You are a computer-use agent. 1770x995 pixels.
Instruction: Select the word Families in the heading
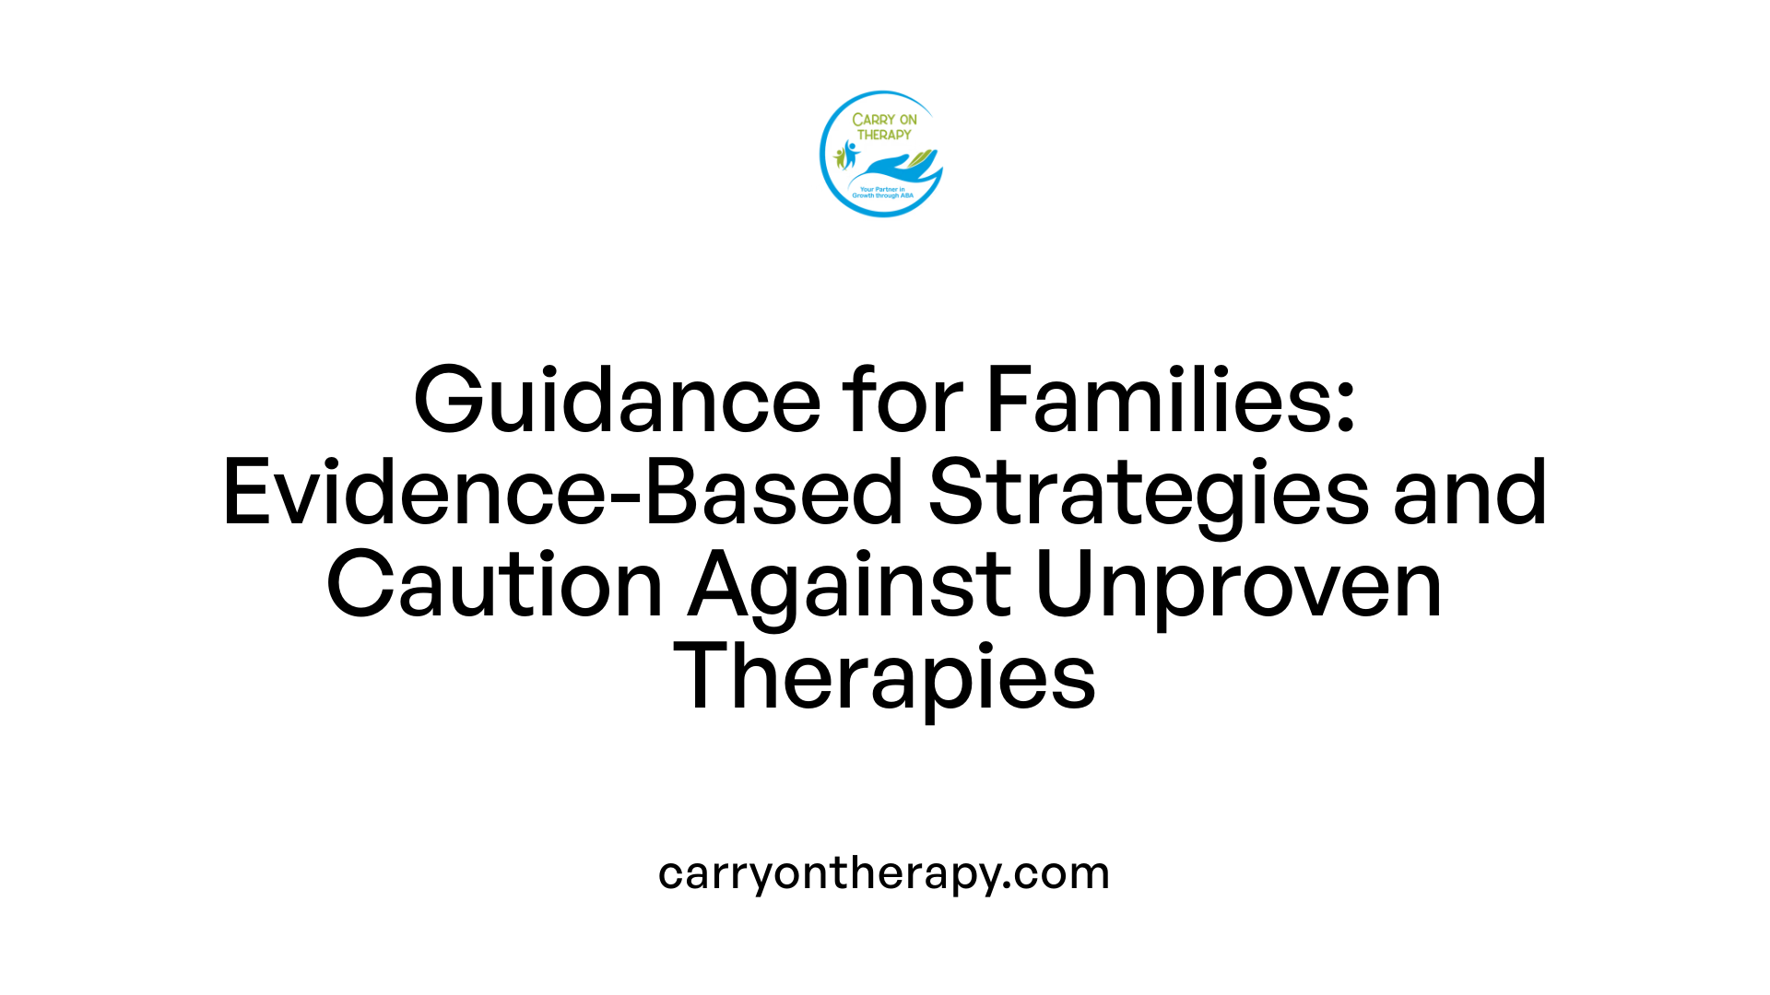pyautogui.click(x=1158, y=401)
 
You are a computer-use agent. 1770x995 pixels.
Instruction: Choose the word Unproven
pyautogui.click(x=1239, y=585)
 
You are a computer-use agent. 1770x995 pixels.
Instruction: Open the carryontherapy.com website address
pyautogui.click(x=884, y=872)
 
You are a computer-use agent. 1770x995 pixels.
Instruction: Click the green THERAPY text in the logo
pyautogui.click(x=884, y=135)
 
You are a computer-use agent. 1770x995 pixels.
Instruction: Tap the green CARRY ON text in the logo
pyautogui.click(x=884, y=120)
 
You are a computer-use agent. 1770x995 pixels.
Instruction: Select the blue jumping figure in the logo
pyautogui.click(x=850, y=153)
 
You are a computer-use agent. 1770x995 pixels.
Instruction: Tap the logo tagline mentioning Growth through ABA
pyautogui.click(x=882, y=193)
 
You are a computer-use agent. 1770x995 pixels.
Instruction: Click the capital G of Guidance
pyautogui.click(x=451, y=401)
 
